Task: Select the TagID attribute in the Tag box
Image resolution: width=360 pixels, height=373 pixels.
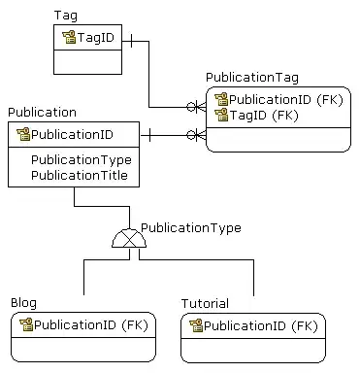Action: [98, 37]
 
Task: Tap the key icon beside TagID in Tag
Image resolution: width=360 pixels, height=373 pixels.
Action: [69, 37]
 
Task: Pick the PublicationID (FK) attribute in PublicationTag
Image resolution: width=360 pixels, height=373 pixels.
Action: [284, 99]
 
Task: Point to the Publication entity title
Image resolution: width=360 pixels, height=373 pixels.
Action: [42, 113]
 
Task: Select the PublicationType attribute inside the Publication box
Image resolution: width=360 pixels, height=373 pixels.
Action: [81, 159]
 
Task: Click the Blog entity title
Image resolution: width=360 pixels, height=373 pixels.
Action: [23, 303]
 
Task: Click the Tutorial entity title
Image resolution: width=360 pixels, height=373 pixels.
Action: [205, 303]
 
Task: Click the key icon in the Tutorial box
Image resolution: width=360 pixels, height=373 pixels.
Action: [196, 325]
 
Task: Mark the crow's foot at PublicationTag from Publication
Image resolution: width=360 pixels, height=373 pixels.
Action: [198, 134]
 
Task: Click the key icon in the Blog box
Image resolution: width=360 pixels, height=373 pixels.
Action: [26, 324]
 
